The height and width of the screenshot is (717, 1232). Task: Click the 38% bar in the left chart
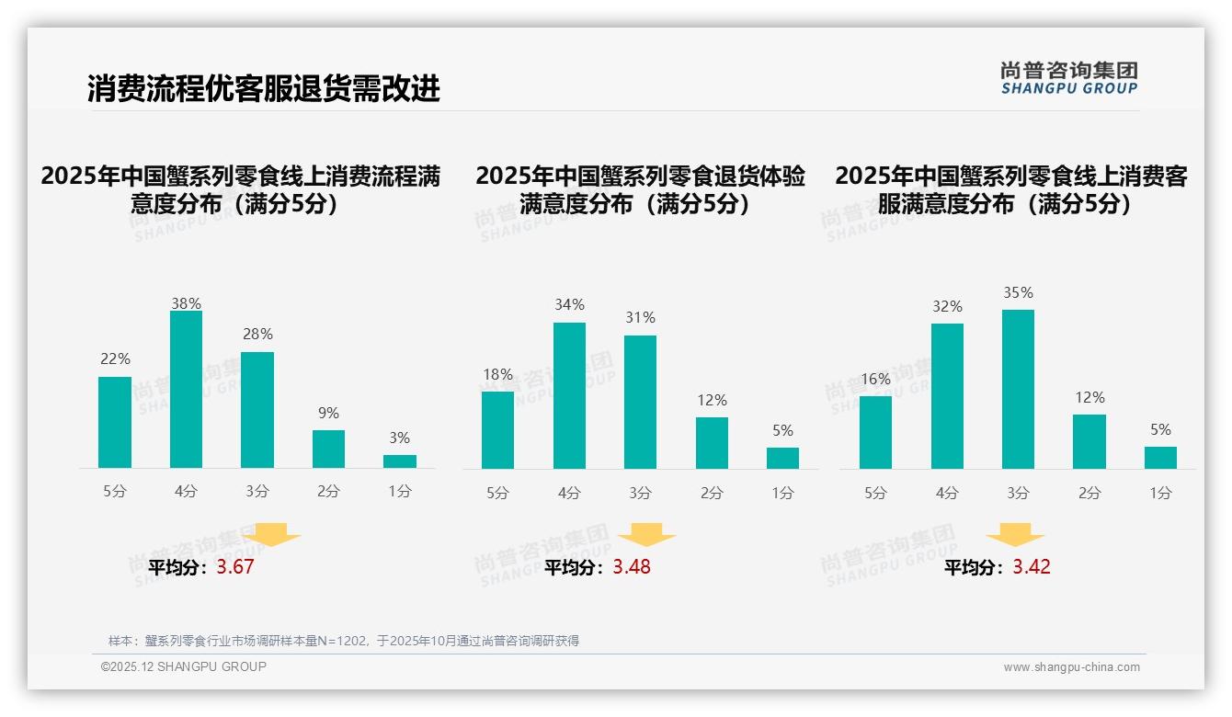pos(186,390)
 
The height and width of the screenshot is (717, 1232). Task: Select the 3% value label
pos(399,438)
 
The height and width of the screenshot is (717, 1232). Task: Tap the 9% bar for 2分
pos(328,450)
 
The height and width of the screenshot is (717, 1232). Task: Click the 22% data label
pos(115,358)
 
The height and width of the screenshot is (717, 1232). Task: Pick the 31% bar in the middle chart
pos(640,403)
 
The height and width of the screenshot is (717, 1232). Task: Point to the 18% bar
pos(497,430)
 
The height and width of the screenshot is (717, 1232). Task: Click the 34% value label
pos(569,305)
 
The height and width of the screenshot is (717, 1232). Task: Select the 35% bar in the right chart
pos(1018,390)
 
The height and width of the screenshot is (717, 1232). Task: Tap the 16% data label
pos(875,379)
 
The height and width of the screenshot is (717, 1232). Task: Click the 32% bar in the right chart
pos(947,396)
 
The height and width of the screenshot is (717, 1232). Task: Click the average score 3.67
pos(235,567)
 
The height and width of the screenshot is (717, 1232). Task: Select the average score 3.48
pos(632,567)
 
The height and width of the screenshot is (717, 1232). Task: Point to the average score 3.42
pos(1032,567)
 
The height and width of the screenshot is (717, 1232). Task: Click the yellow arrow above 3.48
pos(646,535)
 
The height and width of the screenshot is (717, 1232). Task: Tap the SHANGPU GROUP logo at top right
pos(1068,78)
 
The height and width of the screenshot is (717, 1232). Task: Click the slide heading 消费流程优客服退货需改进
pos(264,88)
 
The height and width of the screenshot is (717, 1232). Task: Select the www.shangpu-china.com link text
pos(1071,667)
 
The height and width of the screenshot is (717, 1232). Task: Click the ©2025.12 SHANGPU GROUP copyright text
pos(184,666)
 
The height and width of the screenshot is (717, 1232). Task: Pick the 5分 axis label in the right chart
pos(875,494)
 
